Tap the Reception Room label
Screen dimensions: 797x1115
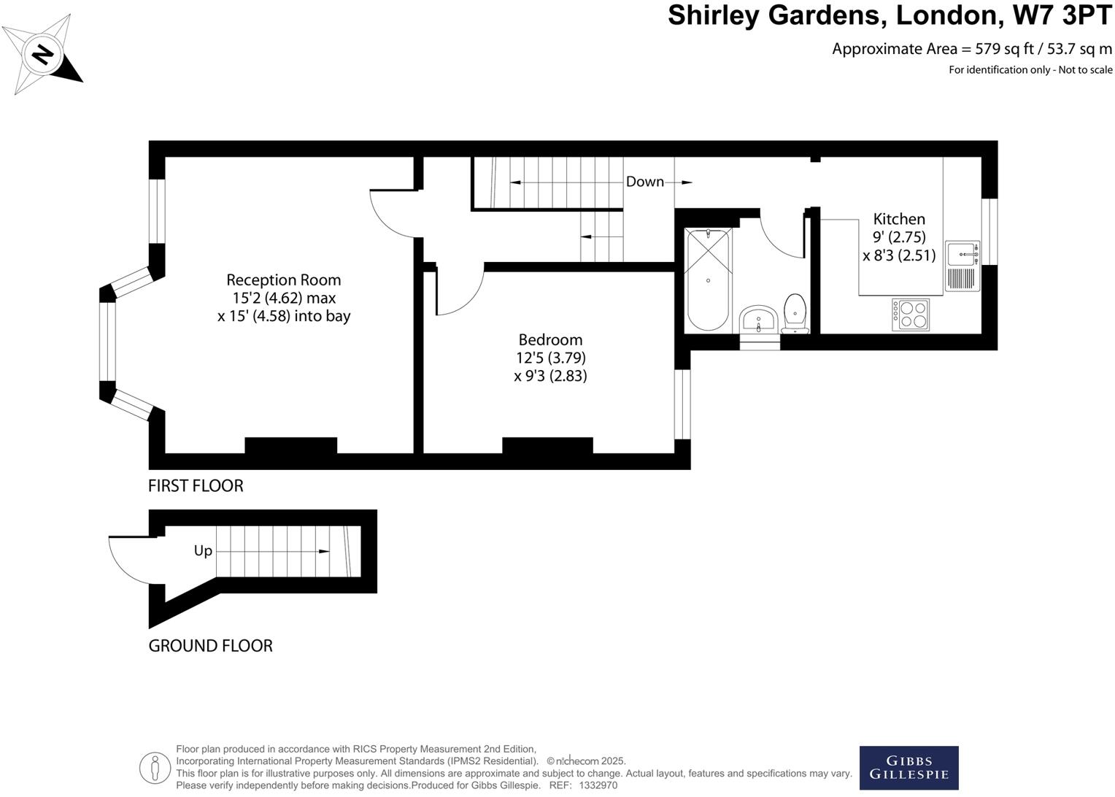(283, 280)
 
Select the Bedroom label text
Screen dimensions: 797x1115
(550, 339)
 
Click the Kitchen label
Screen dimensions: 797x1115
(899, 219)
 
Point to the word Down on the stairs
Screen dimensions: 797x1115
(645, 182)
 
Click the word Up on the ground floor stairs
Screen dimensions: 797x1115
(203, 551)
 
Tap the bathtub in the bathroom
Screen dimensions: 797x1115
(707, 280)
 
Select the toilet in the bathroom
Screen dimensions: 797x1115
(795, 312)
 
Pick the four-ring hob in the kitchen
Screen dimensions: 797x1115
(910, 315)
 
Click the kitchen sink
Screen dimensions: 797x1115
(962, 254)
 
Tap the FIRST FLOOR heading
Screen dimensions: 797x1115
(196, 486)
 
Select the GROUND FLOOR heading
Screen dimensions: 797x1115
(210, 646)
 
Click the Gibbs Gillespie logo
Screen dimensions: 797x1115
(908, 768)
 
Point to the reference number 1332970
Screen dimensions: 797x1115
(598, 785)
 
